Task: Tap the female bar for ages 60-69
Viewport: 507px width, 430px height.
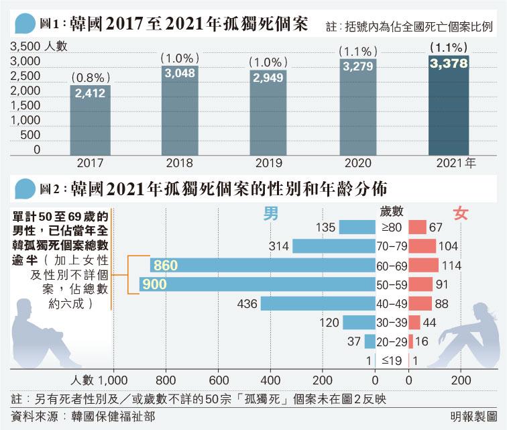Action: point(423,266)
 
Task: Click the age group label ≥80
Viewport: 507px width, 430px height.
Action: point(392,228)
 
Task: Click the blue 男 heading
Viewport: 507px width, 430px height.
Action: point(271,213)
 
